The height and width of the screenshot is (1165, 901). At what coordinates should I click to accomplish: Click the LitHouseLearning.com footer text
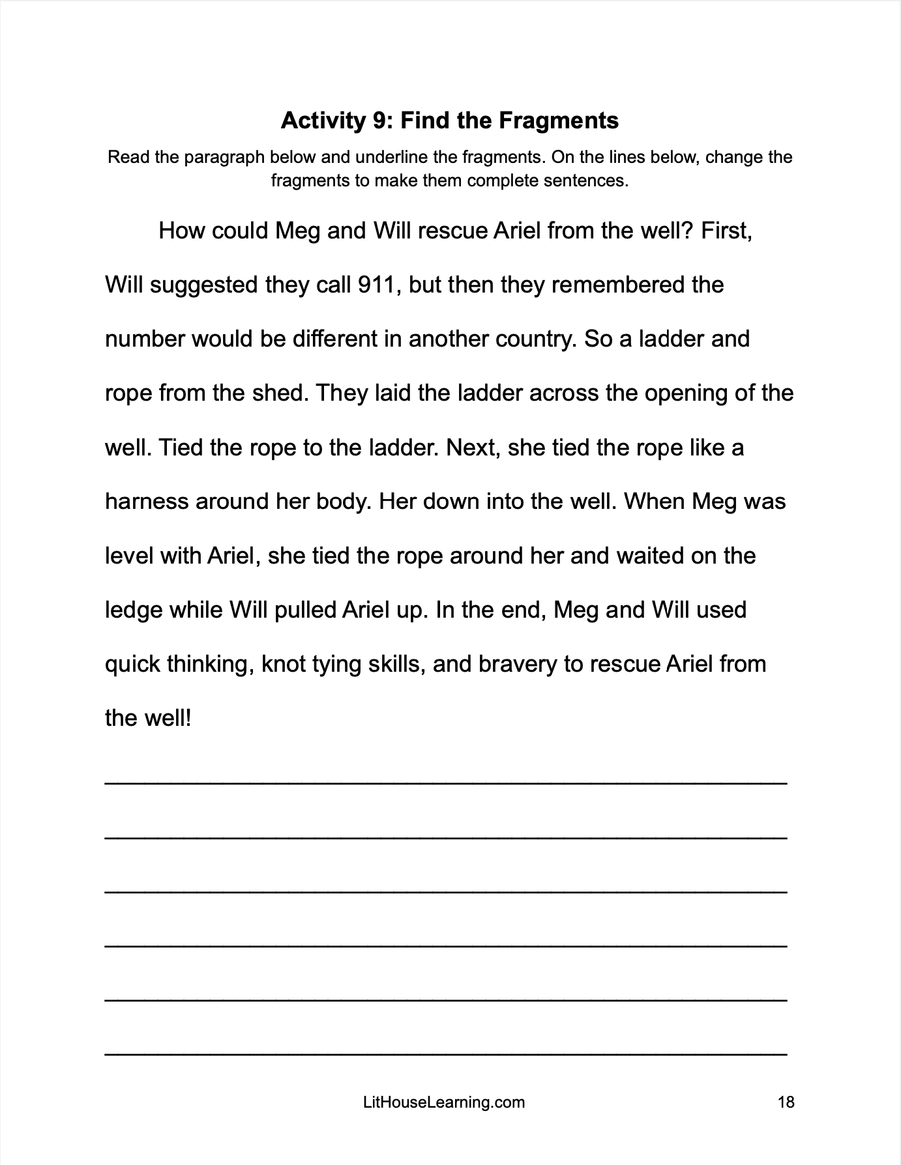443,1102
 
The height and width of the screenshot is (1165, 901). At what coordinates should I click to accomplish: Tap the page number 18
786,1102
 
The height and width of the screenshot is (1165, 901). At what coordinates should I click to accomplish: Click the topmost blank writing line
446,782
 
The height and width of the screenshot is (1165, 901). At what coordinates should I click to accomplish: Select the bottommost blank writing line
446,1052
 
